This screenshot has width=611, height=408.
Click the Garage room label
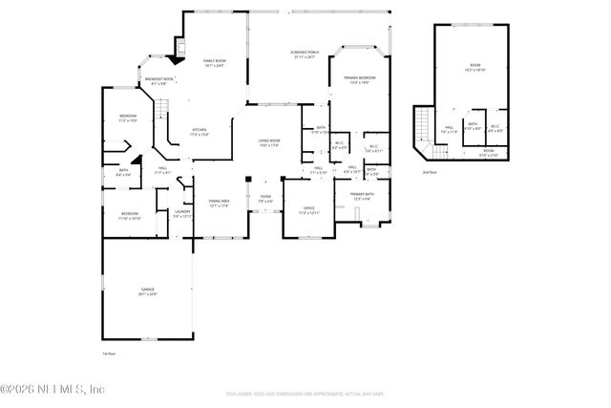pyautogui.click(x=147, y=291)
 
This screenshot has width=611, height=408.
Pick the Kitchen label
pyautogui.click(x=200, y=132)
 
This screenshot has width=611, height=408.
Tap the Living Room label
pyautogui.click(x=268, y=143)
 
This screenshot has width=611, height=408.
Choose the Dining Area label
pyautogui.click(x=220, y=203)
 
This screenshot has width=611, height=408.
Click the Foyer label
pyautogui.click(x=265, y=201)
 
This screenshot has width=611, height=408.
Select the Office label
pyautogui.click(x=308, y=209)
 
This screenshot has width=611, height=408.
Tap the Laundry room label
pyautogui.click(x=182, y=214)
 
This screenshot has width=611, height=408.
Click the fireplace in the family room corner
pyautogui.click(x=179, y=45)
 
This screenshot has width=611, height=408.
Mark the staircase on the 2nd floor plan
pyautogui.click(x=425, y=127)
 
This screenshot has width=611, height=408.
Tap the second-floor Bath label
pyautogui.click(x=473, y=127)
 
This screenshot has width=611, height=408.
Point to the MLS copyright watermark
pyautogui.click(x=53, y=389)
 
